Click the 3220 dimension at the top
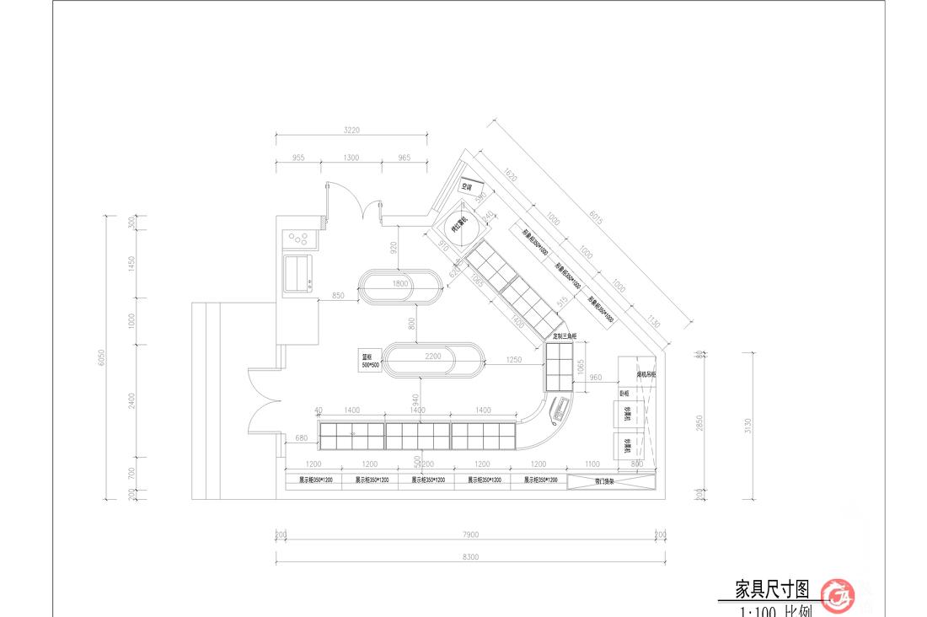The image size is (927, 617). coord(351,130)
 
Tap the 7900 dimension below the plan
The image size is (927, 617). coord(470,534)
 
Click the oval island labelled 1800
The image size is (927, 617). coord(401,285)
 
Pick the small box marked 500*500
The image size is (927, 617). coord(369,361)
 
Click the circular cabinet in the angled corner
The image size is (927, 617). coord(462,224)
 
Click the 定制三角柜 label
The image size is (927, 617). coord(564,335)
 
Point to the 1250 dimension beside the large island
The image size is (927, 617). coord(513,360)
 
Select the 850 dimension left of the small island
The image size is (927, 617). coord(337,296)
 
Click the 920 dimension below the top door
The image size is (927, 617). coord(393,247)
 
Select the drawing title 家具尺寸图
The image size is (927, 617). coord(772,588)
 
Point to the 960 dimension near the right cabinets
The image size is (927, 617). coord(595,378)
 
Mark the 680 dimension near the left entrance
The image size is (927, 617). coord(302,437)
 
